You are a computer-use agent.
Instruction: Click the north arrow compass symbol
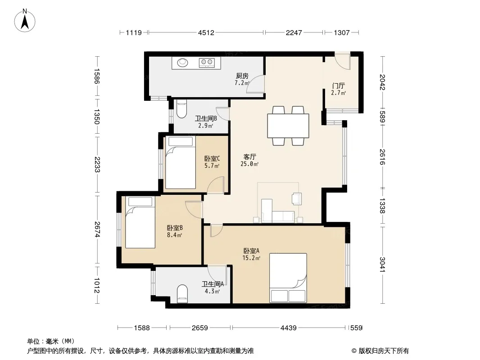coord(25,20)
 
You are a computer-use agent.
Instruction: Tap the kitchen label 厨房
coord(242,76)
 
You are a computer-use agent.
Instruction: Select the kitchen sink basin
coord(183,63)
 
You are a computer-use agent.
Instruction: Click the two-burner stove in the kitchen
coord(206,63)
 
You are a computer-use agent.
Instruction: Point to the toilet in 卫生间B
coord(181,109)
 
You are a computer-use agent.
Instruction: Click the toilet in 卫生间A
coord(182,294)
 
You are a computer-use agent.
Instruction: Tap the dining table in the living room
coord(288,126)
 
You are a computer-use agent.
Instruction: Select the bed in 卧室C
coord(180,162)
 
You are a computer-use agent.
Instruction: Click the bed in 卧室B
coord(140,222)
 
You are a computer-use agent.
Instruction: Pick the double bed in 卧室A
coord(288,278)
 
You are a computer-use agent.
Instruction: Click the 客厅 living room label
coord(249,157)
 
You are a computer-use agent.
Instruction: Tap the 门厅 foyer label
coord(338,85)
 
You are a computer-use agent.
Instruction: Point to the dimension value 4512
coord(206,32)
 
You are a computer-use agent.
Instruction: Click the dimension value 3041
coord(382,264)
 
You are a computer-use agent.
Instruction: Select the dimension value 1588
coord(142,328)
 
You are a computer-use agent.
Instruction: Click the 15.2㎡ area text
coord(251,258)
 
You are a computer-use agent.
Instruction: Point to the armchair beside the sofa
coord(297,198)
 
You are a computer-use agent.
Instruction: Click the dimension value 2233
coord(97,164)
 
